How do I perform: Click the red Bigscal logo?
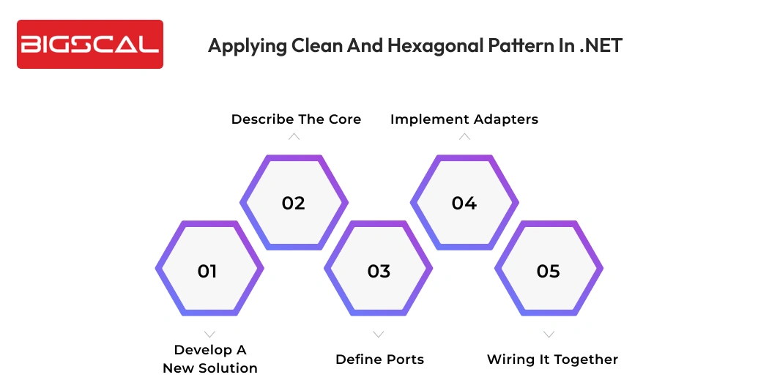[x=89, y=45]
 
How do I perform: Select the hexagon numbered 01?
[x=208, y=270]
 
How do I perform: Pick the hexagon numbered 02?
[x=294, y=203]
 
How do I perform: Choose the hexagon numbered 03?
[x=379, y=270]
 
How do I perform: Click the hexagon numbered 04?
[x=464, y=203]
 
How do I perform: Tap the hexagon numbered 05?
[x=549, y=270]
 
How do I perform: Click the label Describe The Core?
[x=296, y=119]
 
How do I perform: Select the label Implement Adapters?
[x=464, y=119]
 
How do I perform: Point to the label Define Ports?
[x=379, y=359]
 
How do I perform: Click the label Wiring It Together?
[x=552, y=359]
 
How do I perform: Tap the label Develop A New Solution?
[x=210, y=359]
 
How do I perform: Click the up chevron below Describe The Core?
[x=294, y=137]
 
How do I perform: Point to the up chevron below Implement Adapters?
[x=464, y=137]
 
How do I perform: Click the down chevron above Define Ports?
[x=379, y=335]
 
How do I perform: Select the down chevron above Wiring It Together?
[x=549, y=335]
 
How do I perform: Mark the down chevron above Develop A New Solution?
[x=209, y=335]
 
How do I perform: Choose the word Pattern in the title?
[x=504, y=45]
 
